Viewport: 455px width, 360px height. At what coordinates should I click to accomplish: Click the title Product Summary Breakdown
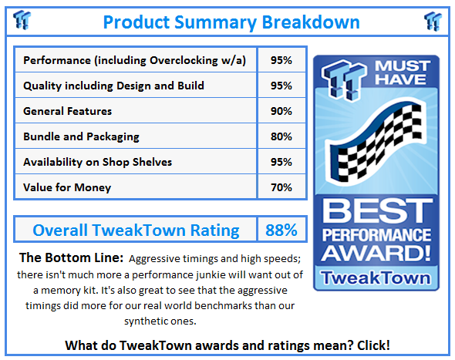[231, 22]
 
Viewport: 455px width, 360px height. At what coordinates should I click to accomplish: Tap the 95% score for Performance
[281, 60]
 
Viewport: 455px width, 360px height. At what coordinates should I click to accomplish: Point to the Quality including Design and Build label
[113, 86]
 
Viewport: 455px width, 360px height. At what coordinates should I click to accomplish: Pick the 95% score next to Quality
[281, 86]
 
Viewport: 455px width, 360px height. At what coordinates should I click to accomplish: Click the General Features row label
[67, 111]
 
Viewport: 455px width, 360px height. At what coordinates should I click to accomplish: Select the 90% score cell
[281, 111]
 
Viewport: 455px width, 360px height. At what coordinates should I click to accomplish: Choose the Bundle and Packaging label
[81, 136]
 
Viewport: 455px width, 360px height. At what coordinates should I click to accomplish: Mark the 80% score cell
[281, 136]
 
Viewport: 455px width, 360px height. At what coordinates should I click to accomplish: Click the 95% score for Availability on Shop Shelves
[281, 162]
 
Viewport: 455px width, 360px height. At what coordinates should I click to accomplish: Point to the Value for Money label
[67, 187]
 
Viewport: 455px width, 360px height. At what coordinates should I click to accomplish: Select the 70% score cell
[281, 187]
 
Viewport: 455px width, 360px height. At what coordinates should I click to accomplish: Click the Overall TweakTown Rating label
[136, 230]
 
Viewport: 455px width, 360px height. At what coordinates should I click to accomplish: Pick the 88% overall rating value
[281, 230]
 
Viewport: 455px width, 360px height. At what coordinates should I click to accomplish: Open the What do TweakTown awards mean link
[227, 344]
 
